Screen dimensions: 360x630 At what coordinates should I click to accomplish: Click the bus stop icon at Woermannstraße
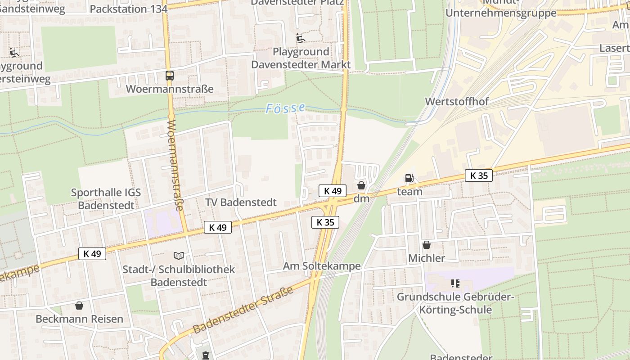click(x=170, y=76)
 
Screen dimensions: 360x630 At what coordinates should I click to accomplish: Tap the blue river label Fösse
click(x=285, y=108)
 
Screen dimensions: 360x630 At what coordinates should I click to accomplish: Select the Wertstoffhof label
click(x=457, y=101)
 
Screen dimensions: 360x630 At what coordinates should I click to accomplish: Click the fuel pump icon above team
click(x=409, y=178)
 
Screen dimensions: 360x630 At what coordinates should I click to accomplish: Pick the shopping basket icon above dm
click(x=361, y=185)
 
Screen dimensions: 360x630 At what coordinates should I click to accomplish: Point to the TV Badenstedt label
click(x=241, y=202)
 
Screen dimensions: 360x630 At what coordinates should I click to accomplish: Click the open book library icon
click(x=179, y=256)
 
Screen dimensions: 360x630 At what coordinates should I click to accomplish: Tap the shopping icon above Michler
click(x=426, y=245)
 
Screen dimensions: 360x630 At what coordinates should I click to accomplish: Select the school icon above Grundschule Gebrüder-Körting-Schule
click(x=455, y=283)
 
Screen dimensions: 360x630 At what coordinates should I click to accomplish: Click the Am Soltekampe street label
click(x=321, y=266)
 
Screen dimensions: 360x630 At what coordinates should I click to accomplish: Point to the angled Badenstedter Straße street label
click(x=243, y=310)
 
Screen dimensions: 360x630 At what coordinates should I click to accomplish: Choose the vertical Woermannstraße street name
click(x=175, y=165)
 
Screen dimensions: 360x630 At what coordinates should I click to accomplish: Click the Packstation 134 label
click(x=129, y=9)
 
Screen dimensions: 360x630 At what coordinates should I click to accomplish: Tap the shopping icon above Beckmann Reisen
click(x=79, y=306)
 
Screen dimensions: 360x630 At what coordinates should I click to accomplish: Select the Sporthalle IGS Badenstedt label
click(x=106, y=199)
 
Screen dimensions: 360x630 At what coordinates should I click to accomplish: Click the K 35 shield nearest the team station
click(x=478, y=175)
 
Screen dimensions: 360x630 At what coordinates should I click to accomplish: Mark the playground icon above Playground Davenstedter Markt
click(x=301, y=38)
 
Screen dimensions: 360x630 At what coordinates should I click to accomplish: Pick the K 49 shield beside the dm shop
click(x=332, y=191)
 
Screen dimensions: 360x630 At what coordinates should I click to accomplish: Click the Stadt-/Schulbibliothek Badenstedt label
click(x=179, y=276)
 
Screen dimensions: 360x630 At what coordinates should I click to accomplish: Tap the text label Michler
click(x=426, y=258)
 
